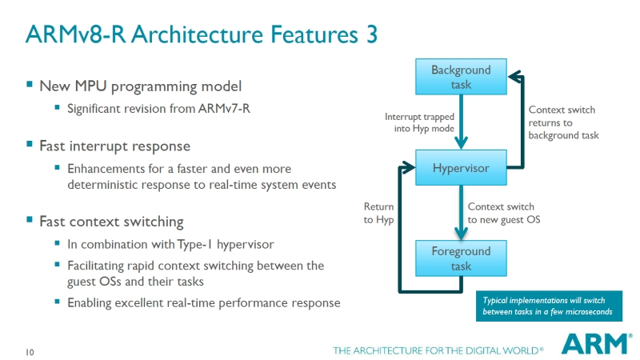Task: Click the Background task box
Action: click(461, 77)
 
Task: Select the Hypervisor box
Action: click(461, 168)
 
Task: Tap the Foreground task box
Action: click(461, 258)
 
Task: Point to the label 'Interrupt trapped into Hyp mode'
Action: click(420, 122)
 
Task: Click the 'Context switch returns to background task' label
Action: click(563, 122)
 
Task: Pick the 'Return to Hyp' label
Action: click(378, 213)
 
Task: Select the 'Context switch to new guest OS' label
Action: click(501, 213)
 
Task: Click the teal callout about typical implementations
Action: click(548, 305)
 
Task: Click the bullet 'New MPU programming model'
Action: click(140, 85)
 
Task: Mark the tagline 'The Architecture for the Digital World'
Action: click(438, 350)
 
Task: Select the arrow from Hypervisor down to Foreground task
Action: click(461, 213)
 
